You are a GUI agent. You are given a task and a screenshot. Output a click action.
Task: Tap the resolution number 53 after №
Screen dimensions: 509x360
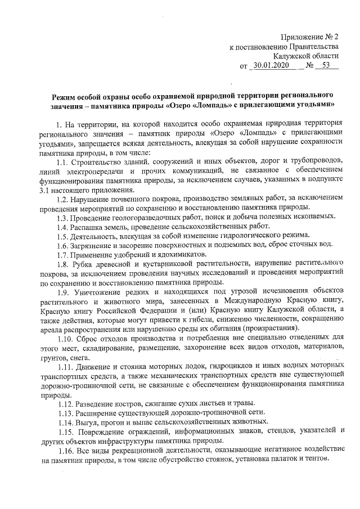(325, 66)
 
